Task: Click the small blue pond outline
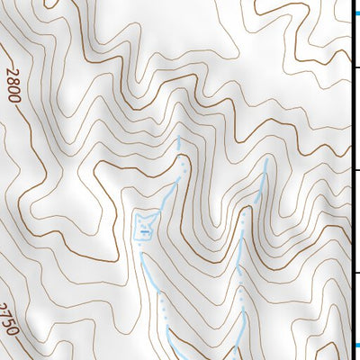click(145, 225)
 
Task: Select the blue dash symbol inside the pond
click(144, 230)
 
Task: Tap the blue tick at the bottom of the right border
click(355, 345)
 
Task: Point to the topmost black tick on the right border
click(355, 67)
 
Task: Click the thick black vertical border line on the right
click(351, 180)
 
